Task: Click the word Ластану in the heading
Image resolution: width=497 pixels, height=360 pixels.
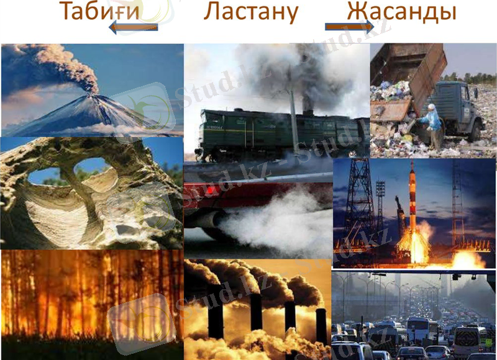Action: (x=252, y=12)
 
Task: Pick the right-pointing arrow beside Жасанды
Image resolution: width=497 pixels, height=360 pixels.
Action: (x=349, y=27)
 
